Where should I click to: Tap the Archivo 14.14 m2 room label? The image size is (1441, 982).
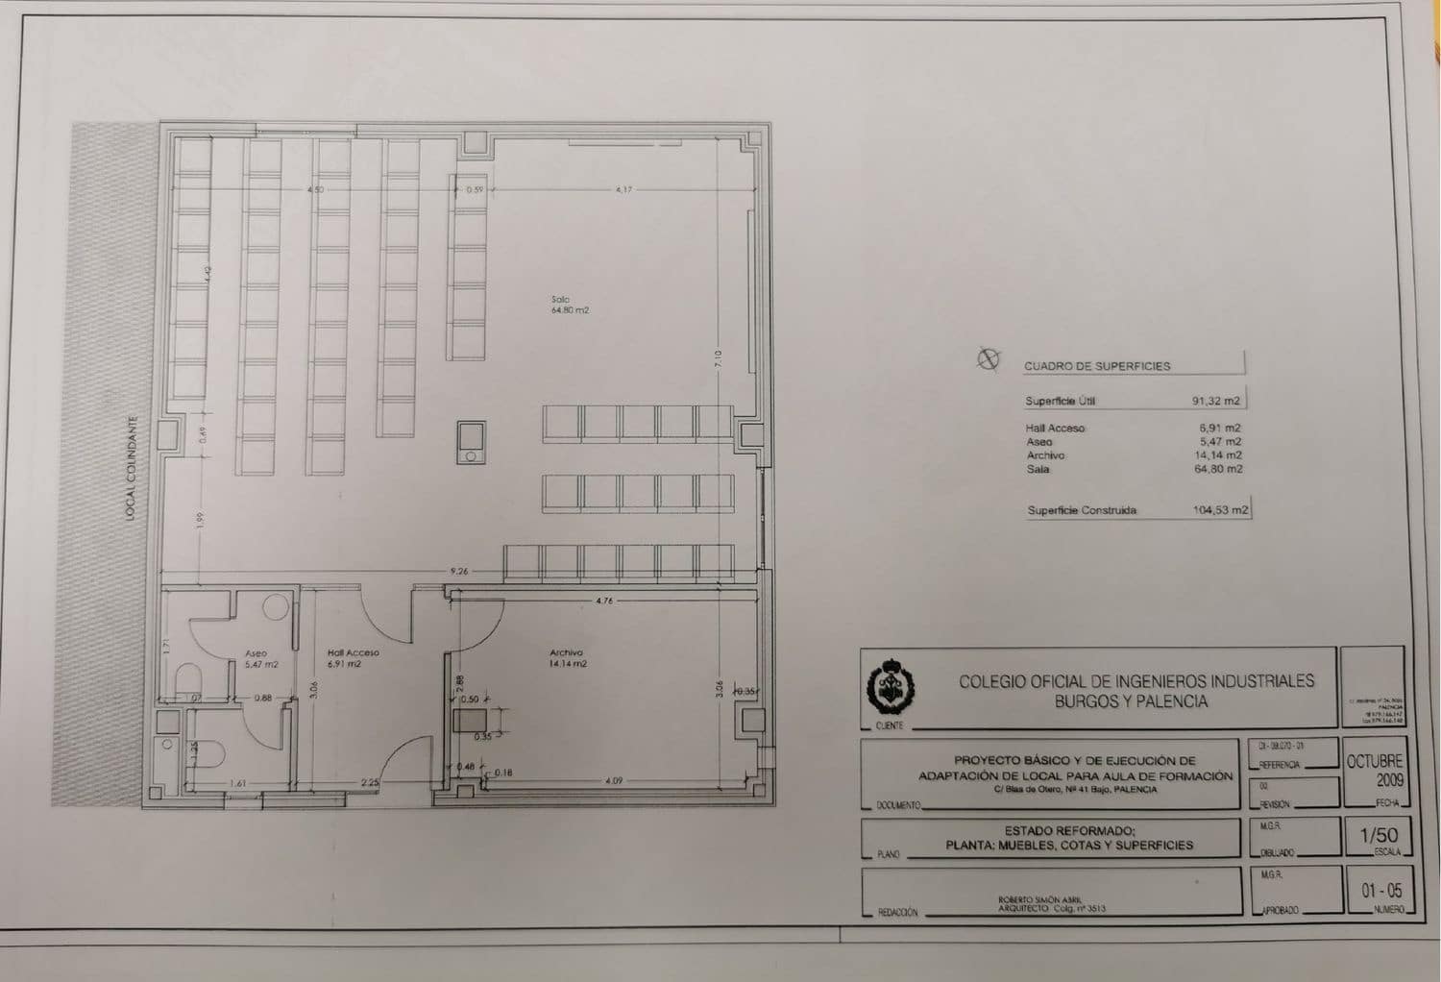coord(567,658)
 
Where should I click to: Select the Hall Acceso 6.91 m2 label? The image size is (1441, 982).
coord(353,658)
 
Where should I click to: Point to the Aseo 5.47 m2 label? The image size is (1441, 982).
coord(259,658)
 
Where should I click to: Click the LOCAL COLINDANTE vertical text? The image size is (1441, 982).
coord(131,468)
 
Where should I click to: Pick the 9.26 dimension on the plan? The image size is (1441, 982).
coord(459,572)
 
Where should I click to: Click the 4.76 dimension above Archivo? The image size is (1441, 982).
coord(603,601)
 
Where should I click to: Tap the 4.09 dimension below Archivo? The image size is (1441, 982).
coord(614,781)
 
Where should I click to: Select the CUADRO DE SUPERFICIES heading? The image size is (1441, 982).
coord(1096,366)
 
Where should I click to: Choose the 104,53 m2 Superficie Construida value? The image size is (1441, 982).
coord(1220,510)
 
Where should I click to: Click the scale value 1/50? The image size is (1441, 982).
coord(1379,836)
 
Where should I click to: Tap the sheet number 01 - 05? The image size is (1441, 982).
coord(1380,891)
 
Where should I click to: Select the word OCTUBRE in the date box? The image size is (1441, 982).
coord(1375,761)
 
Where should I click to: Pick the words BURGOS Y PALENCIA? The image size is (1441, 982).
coord(1131,701)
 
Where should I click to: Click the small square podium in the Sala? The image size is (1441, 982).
coord(471,442)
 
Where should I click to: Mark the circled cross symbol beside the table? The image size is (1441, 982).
coord(987,359)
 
